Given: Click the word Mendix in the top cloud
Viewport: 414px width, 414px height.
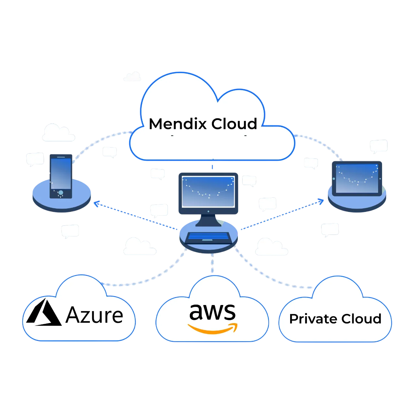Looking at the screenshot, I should click(178, 124).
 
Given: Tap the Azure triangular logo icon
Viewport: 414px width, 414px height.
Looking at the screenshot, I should click(43, 313).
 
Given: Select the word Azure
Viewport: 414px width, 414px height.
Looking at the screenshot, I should click(94, 315).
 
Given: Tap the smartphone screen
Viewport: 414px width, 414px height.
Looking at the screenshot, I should click(61, 173).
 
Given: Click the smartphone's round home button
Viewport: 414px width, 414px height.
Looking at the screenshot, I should click(61, 193).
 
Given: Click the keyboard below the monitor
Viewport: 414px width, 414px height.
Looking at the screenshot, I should click(208, 237).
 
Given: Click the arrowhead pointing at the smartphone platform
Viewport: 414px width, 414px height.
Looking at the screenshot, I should click(96, 203).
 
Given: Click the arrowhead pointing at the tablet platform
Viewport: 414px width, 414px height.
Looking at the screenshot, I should click(321, 201).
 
